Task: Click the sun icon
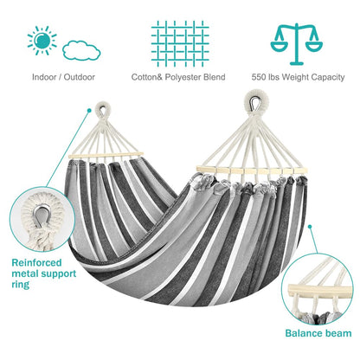[x=42, y=41]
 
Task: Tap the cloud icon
[x=81, y=51]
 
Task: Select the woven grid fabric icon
[x=180, y=43]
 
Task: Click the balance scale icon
[x=296, y=44]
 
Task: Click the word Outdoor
[x=80, y=77]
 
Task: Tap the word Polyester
[x=183, y=77]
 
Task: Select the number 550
[x=259, y=77]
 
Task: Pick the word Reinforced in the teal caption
[x=36, y=263]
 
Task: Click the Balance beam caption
[x=318, y=333]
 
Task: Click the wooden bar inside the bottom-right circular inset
[x=319, y=291]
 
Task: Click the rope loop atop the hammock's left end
[x=103, y=109]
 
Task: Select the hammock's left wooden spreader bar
[x=106, y=155]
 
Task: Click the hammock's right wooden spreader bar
[x=251, y=170]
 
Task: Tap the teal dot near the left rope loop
[x=89, y=111]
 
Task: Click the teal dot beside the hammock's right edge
[x=310, y=227]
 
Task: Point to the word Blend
[x=215, y=77]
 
